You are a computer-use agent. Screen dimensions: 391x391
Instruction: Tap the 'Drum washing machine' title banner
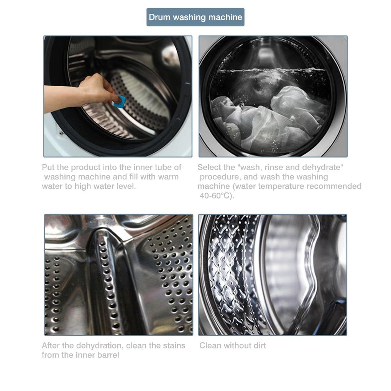[195, 17]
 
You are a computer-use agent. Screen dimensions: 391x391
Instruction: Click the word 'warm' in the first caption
[167, 177]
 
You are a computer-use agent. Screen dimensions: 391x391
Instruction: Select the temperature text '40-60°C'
[214, 196]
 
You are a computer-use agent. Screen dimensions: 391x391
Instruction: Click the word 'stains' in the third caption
[174, 346]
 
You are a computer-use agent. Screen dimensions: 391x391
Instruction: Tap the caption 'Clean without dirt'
[232, 346]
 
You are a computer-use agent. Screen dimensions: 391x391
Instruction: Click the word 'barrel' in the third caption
[108, 355]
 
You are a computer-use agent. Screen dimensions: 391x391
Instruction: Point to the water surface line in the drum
[271, 70]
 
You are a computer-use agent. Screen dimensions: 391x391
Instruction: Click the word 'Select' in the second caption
[208, 167]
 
